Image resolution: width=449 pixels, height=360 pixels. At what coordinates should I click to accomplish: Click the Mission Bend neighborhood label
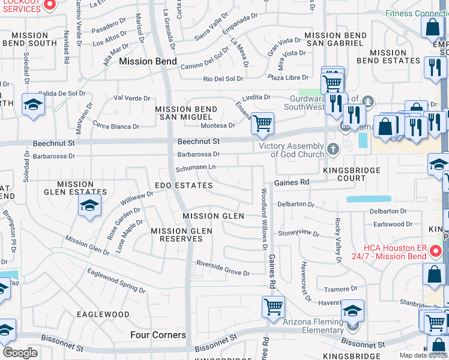148,61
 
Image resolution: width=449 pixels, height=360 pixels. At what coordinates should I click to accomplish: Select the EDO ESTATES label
184,186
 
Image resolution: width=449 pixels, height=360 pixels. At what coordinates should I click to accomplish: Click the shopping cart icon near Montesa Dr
262,123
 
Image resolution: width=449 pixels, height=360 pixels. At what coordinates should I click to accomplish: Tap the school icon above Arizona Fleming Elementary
352,311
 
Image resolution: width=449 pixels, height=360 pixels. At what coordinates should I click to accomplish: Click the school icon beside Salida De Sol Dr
33,105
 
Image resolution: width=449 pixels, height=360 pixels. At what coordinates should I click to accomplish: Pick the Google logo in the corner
20,353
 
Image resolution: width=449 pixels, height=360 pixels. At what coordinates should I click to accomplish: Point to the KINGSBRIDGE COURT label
352,175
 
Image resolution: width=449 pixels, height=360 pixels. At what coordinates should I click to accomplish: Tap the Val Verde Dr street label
131,98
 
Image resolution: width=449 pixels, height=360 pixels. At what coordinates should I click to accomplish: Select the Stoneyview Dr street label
298,232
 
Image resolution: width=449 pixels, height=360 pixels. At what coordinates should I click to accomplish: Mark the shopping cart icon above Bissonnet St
273,307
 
